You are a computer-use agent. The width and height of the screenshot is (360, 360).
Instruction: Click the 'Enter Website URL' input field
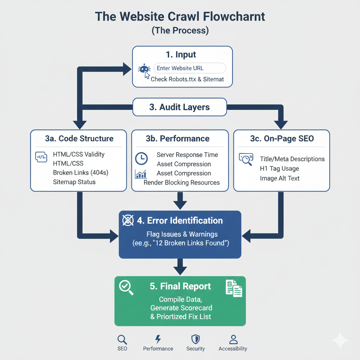click(190, 68)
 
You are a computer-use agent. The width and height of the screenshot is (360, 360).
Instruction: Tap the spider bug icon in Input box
click(144, 69)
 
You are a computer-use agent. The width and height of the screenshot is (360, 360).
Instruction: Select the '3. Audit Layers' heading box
click(179, 107)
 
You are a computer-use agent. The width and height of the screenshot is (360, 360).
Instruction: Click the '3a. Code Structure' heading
click(79, 139)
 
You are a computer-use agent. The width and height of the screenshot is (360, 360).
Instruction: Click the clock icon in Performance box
click(141, 159)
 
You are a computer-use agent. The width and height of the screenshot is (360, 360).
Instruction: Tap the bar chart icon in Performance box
click(141, 174)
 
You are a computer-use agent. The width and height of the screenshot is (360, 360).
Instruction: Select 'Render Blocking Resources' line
click(182, 182)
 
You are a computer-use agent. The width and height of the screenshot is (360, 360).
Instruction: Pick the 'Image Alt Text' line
click(279, 178)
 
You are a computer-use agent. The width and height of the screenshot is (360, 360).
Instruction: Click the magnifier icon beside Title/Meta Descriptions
click(246, 159)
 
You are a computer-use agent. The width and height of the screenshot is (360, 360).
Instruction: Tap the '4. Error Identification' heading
click(180, 221)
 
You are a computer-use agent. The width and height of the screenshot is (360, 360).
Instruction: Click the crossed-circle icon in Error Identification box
click(128, 221)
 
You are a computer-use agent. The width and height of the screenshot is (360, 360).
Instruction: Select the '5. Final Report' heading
click(180, 286)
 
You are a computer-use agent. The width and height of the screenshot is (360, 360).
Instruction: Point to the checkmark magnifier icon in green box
click(126, 288)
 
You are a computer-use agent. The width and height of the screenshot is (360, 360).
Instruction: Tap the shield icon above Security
click(195, 339)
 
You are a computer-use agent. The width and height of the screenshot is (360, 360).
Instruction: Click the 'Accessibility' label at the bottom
click(233, 349)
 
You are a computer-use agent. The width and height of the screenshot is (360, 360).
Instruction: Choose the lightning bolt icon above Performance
click(158, 339)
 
